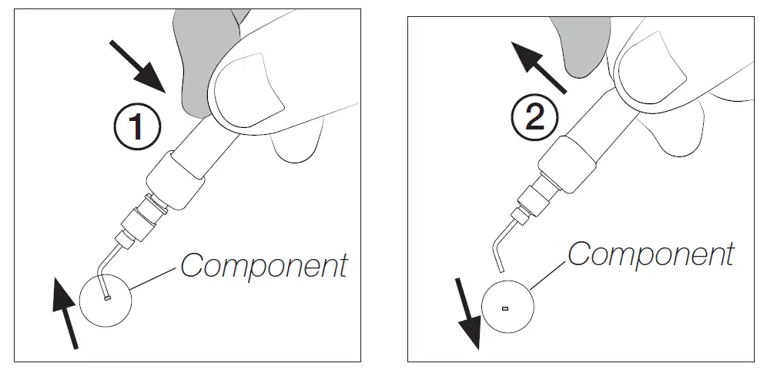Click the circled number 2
tap(531, 117)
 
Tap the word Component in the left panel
tap(263, 266)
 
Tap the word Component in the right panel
tap(651, 254)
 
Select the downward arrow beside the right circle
tap(467, 313)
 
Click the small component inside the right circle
tap(505, 308)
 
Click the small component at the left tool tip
tap(107, 298)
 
